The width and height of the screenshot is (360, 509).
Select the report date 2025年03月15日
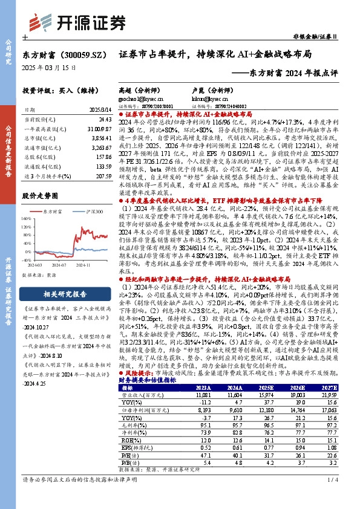click(50, 68)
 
